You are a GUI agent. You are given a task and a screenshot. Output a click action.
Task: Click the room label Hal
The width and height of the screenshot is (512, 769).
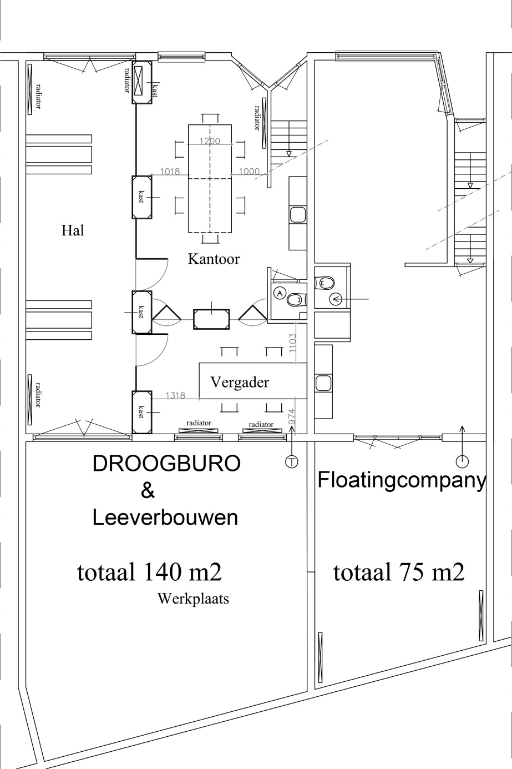click(x=73, y=230)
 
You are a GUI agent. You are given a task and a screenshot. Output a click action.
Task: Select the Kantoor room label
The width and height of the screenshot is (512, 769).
click(x=214, y=259)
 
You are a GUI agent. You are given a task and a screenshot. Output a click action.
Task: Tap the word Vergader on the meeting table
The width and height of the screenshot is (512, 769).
click(x=239, y=382)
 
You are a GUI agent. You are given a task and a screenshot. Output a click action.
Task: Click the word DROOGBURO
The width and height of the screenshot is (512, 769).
click(x=166, y=464)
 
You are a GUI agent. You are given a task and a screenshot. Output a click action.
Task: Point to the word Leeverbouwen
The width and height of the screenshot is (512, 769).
click(x=165, y=517)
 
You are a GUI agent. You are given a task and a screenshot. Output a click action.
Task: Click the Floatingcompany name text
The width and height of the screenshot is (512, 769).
click(x=402, y=480)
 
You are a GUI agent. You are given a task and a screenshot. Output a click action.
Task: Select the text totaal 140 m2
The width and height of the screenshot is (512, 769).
click(x=153, y=572)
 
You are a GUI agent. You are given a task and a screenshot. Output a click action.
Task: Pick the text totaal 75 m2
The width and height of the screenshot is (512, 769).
click(x=398, y=572)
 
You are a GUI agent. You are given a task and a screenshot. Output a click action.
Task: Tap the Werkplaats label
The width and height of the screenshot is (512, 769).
click(x=193, y=599)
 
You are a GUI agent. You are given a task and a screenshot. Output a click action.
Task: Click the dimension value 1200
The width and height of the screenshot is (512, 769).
click(x=210, y=141)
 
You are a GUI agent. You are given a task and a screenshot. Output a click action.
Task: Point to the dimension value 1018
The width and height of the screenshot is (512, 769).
click(x=170, y=172)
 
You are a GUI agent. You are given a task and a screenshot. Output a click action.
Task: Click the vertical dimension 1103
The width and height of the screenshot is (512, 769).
click(x=293, y=344)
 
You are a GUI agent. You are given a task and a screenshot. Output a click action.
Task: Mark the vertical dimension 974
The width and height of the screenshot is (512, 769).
click(x=292, y=416)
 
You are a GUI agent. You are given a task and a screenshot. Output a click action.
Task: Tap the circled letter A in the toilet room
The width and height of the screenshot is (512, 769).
click(x=280, y=293)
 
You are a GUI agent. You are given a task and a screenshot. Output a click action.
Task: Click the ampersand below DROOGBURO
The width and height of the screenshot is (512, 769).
click(x=148, y=490)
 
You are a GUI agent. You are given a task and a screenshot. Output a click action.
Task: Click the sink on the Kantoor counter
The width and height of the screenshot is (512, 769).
click(x=297, y=215)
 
